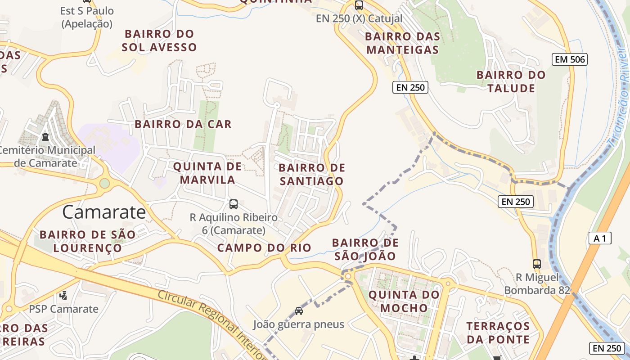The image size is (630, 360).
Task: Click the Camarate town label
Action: point(104,211)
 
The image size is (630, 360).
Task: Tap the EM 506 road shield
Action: point(570,59)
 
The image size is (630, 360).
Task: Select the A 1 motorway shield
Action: point(600,238)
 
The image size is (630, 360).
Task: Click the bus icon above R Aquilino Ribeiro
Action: point(234,204)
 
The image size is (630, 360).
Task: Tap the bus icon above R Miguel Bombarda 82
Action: point(536,264)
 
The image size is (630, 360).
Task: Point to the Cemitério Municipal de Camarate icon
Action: point(45,136)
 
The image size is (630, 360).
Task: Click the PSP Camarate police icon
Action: point(63,296)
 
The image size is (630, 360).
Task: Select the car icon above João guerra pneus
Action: point(298,310)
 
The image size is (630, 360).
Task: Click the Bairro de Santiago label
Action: point(312,174)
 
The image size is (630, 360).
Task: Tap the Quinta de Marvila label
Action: point(204,173)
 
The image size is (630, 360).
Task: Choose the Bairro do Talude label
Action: point(511,81)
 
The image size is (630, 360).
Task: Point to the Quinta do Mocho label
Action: point(404,301)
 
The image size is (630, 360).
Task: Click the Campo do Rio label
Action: point(264,247)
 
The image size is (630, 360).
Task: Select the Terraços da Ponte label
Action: point(498,332)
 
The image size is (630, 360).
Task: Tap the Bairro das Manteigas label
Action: point(402,43)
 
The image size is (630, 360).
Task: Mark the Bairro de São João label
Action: point(365,249)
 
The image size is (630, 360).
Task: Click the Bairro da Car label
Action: point(183,124)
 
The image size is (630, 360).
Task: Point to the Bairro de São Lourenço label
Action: point(87,241)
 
